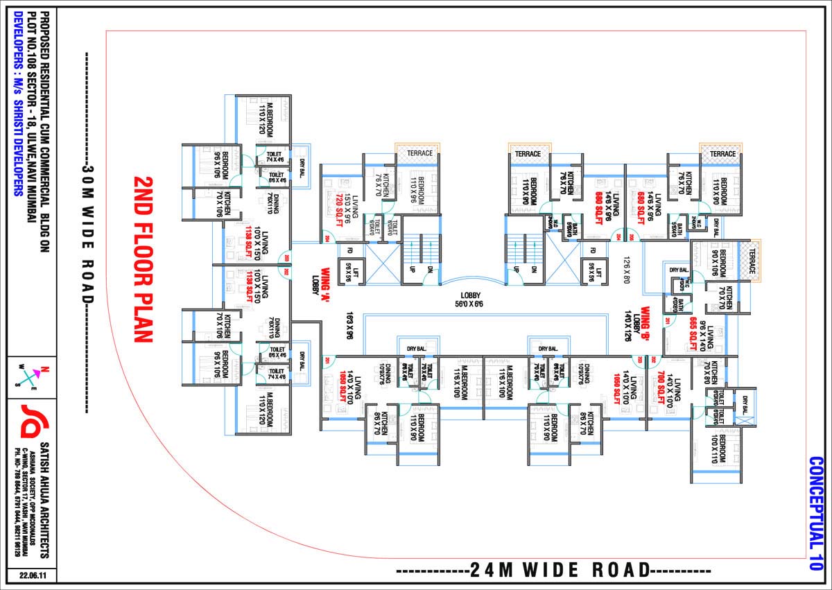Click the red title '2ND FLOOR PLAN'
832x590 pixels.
coord(142,259)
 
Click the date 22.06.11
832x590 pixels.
coord(32,575)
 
